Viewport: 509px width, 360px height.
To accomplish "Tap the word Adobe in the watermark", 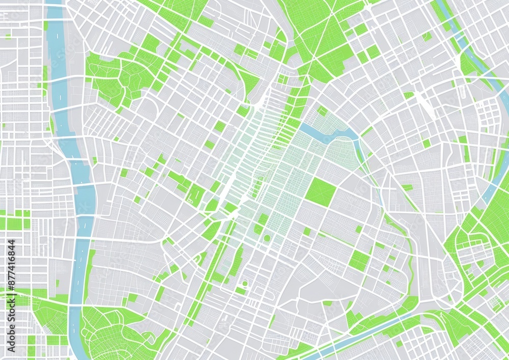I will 12,334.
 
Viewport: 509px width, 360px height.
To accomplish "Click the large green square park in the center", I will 321,192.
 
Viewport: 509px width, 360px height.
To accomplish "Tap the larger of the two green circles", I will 267,238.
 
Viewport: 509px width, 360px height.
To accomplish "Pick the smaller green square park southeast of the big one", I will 359,260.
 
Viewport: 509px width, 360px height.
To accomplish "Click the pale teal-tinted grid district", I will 285,178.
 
